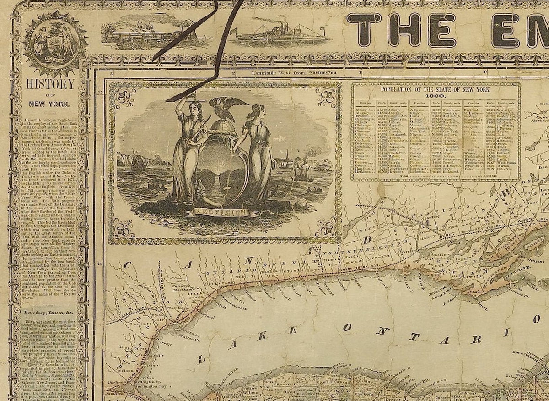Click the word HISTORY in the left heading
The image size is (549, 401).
(x=50, y=84)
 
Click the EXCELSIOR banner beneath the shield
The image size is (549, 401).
(x=221, y=212)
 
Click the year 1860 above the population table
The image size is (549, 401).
(x=435, y=95)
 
